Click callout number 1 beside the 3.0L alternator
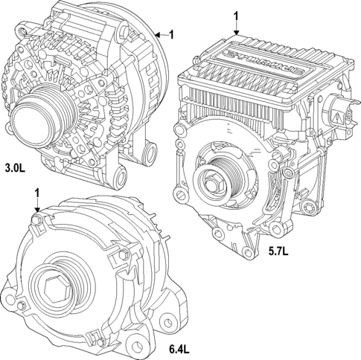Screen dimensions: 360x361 click(171, 33)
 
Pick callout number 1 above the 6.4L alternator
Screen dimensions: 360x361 click(37, 193)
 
